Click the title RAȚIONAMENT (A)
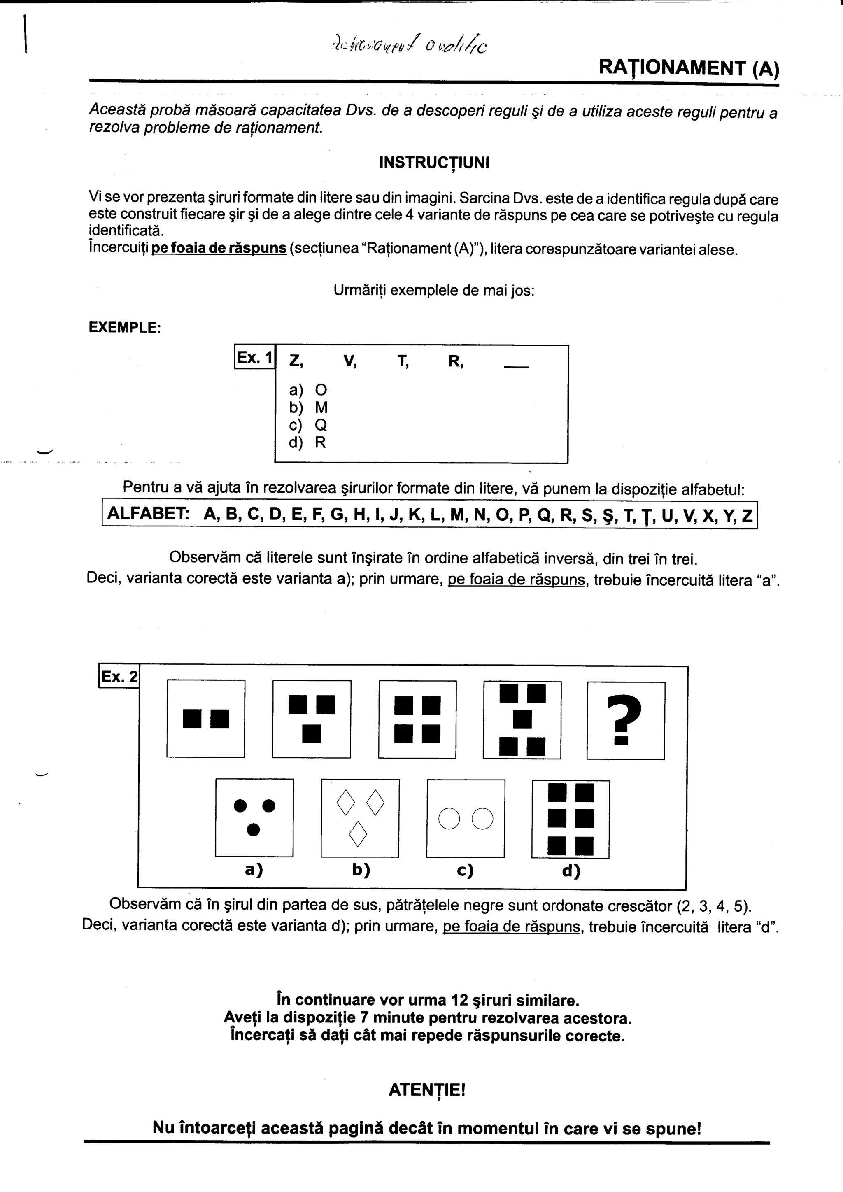(688, 68)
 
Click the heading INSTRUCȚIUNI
(434, 163)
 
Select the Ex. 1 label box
(254, 357)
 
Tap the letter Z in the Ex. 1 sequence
(294, 361)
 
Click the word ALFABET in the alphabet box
(147, 514)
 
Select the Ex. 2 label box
(119, 677)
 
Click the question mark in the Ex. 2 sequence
(626, 720)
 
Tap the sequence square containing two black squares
(205, 719)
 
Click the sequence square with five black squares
(522, 720)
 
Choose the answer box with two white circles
(466, 819)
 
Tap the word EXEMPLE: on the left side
(125, 328)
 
